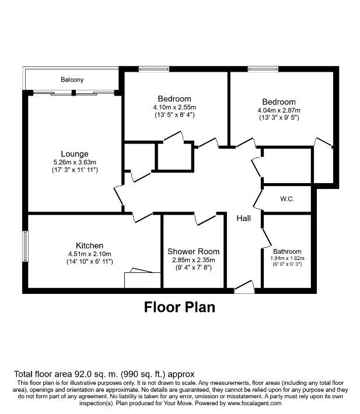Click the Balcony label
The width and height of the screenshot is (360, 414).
coord(72,79)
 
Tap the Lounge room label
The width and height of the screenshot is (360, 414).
coord(75,154)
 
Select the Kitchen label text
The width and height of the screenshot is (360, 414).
coord(89,245)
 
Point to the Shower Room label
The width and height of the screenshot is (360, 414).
coord(193,251)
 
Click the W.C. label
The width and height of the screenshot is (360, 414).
coord(287,199)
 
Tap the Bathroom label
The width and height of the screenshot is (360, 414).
coord(287,251)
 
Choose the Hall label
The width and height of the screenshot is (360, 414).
coord(244,218)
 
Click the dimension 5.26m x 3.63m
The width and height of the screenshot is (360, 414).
coord(75,162)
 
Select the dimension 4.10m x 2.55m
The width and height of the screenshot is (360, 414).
coord(174,107)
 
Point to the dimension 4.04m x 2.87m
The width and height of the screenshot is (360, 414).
coord(279,110)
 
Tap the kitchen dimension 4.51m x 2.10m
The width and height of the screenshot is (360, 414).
coord(89,254)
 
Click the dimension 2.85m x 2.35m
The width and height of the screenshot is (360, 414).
coord(194,260)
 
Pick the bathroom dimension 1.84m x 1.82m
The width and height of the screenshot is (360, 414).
coord(288,258)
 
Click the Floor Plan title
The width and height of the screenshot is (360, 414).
coord(180,307)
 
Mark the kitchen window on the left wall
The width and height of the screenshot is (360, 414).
coord(25,246)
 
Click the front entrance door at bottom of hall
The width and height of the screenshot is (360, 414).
coord(244,287)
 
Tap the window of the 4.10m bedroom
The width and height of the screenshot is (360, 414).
coord(154,69)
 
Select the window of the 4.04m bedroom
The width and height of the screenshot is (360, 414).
coord(263,69)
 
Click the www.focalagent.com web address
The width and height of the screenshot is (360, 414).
coord(254,403)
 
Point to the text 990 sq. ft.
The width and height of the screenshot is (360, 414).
coord(143,374)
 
